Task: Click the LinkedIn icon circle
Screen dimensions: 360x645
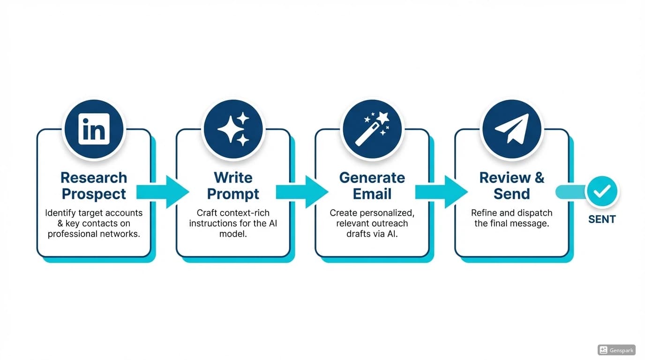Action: tap(94, 129)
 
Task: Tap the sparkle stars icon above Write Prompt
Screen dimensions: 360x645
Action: tap(233, 129)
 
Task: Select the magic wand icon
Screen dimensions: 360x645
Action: tap(372, 129)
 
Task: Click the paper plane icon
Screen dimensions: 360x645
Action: tap(511, 129)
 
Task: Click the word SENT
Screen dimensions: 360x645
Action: tap(602, 219)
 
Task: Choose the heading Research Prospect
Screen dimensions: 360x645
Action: tap(94, 186)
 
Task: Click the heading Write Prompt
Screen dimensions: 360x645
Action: tap(233, 186)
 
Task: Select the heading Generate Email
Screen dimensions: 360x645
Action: tap(372, 186)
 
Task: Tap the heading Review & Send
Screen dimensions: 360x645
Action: tap(511, 186)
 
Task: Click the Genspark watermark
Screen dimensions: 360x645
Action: tap(616, 350)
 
